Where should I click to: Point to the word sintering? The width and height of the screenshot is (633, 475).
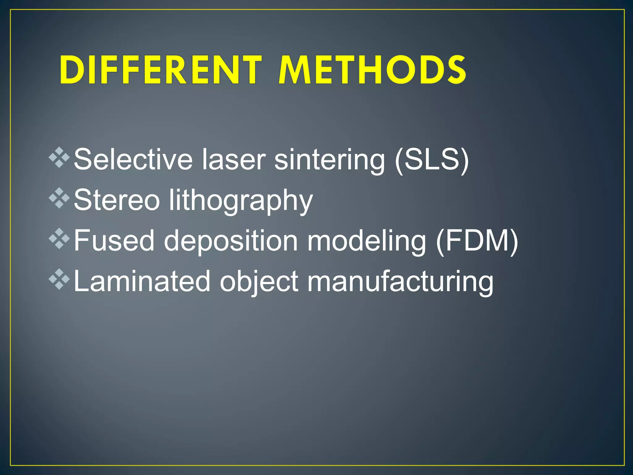pyautogui.click(x=329, y=160)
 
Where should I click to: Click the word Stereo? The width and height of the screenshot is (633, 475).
pyautogui.click(x=117, y=200)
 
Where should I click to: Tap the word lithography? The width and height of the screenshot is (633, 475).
pyautogui.click(x=241, y=201)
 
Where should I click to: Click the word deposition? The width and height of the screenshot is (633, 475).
pyautogui.click(x=231, y=242)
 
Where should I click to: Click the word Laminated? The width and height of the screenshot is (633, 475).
pyautogui.click(x=142, y=281)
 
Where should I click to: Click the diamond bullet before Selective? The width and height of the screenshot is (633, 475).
pyautogui.click(x=59, y=158)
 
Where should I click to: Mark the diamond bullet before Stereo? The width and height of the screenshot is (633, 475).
pyautogui.click(x=59, y=199)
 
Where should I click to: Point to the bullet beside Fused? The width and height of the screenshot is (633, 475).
pyautogui.click(x=59, y=239)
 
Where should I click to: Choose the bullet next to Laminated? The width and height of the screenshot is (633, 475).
pyautogui.click(x=59, y=280)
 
